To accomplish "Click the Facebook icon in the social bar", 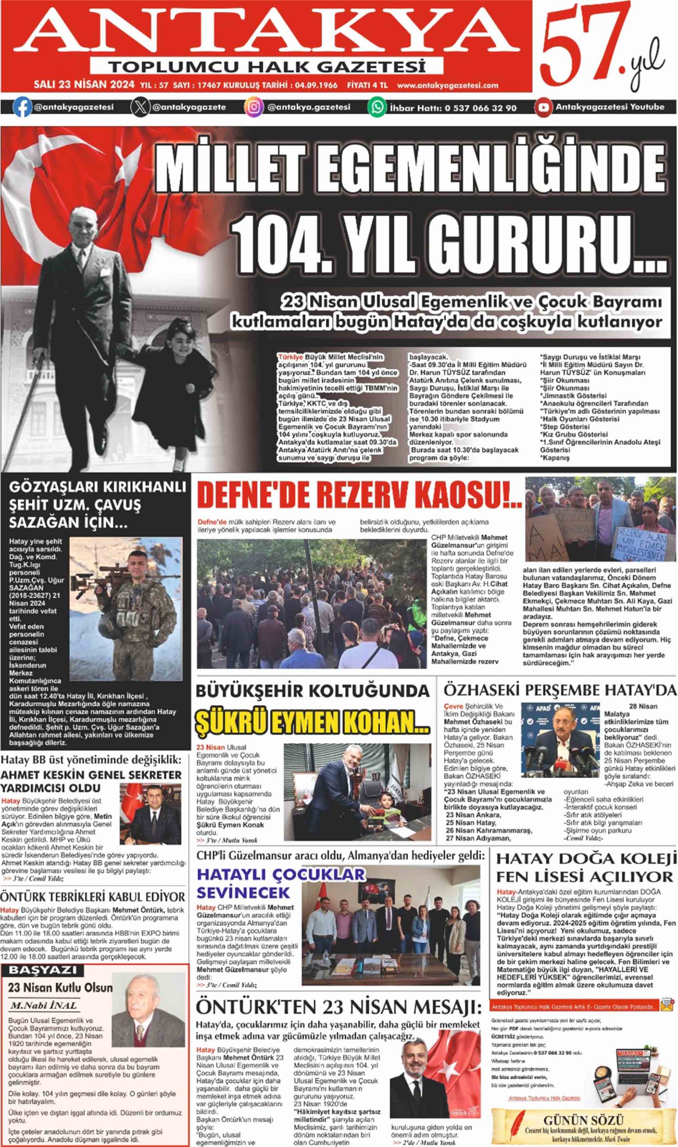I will tap(22, 108).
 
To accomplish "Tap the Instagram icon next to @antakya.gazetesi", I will tap(255, 108).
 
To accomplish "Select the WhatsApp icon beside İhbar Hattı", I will tap(377, 108).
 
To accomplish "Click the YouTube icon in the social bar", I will tap(543, 108).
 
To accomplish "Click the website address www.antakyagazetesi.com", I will tap(447, 85).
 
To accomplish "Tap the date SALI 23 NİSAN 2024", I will tap(85, 85).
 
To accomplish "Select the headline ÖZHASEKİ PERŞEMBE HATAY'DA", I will tap(560, 689).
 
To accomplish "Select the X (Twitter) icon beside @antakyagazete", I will tap(140, 108).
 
